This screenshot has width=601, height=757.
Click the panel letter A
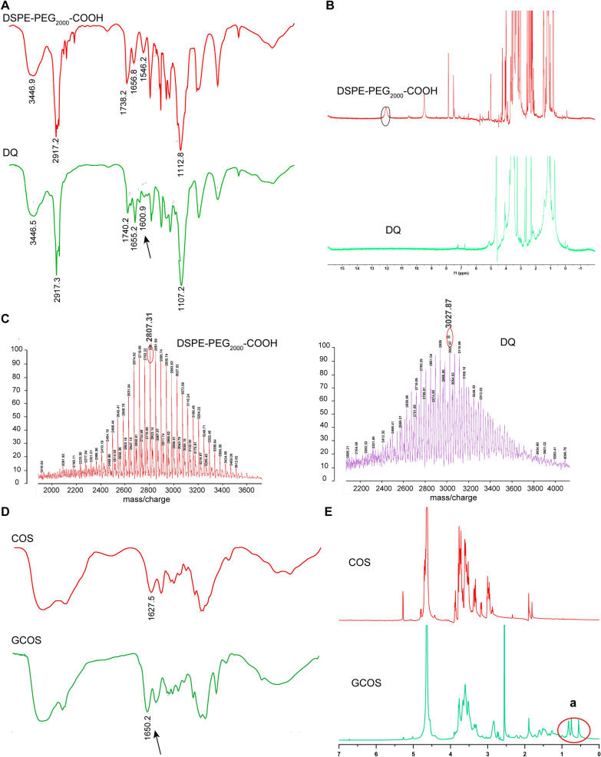click(6, 7)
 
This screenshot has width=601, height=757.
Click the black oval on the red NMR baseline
click(386, 117)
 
